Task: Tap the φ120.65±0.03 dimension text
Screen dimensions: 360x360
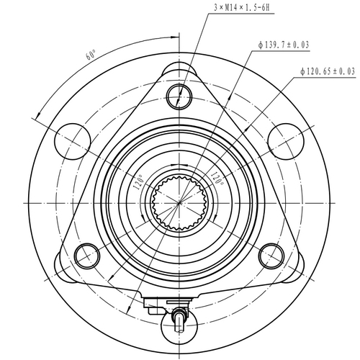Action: pos(328,71)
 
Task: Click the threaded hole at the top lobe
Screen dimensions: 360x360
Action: pos(178,94)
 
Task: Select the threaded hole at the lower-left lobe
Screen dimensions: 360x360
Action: pos(87,253)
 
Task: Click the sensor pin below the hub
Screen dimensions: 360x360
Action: pos(179,316)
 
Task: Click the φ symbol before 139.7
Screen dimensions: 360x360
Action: pos(261,45)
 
